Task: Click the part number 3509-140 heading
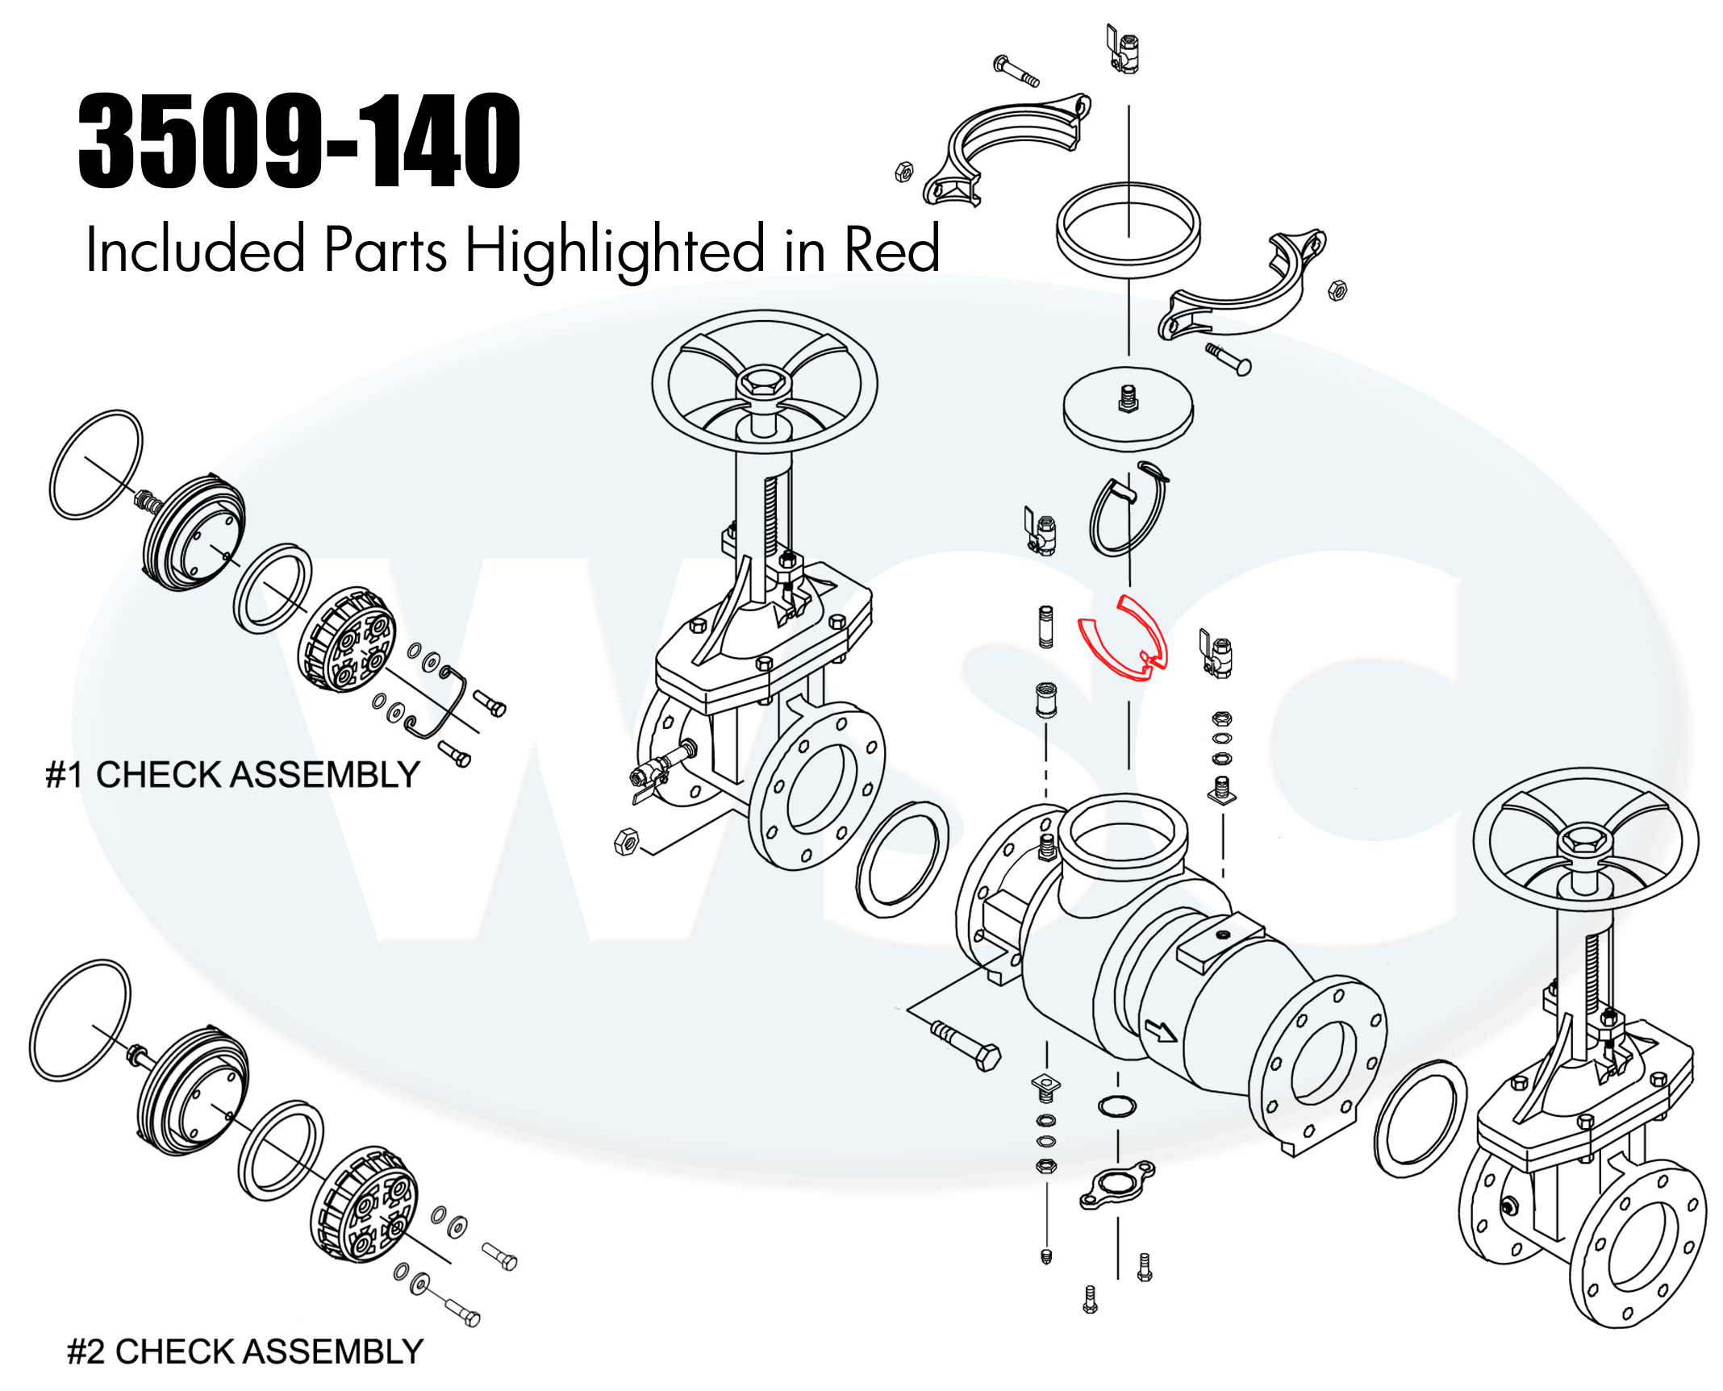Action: coord(299,141)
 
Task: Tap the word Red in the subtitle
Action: coord(891,249)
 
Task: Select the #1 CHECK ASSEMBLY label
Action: coord(232,775)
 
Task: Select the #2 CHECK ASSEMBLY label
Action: coord(245,1351)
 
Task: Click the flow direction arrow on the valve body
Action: coord(1161,1031)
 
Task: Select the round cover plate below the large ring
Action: coord(1128,409)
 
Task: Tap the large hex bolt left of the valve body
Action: coord(967,1045)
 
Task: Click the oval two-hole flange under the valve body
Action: coord(1117,1185)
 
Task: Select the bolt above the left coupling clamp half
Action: coord(1016,71)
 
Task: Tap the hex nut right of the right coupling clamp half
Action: coord(1337,289)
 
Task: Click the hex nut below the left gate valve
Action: coord(627,841)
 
